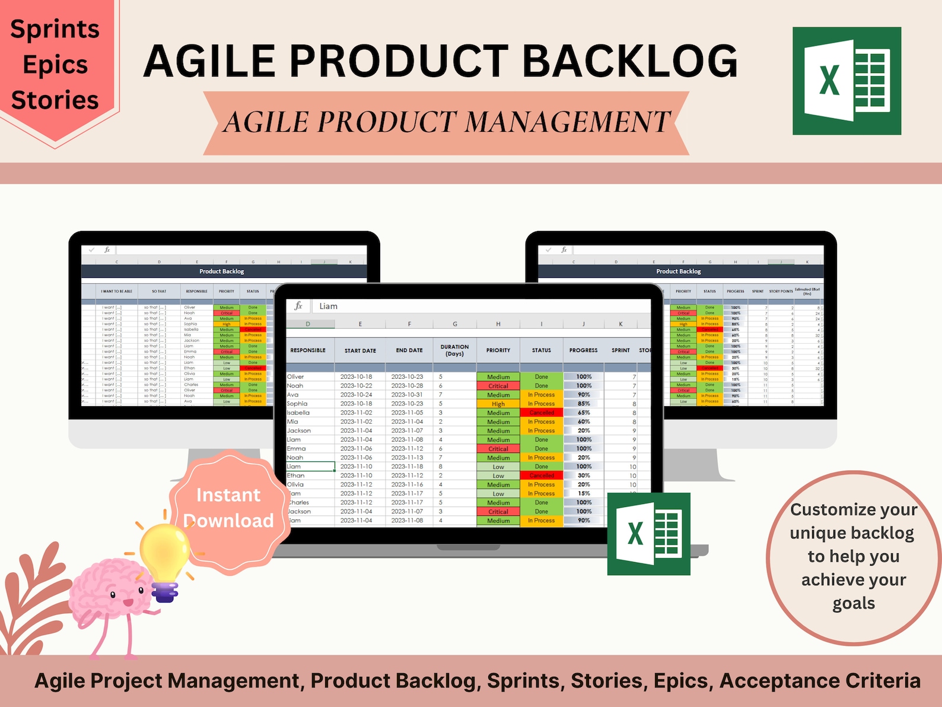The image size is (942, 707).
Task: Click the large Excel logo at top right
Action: pyautogui.click(x=846, y=81)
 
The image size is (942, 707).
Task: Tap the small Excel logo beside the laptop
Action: pyautogui.click(x=648, y=533)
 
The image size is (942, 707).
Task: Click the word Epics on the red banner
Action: pyautogui.click(x=55, y=65)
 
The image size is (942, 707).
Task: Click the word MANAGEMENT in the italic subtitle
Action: pyautogui.click(x=567, y=122)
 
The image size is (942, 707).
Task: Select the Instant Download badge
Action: pyautogui.click(x=229, y=508)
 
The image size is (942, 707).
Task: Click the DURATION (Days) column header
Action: pyautogui.click(x=454, y=350)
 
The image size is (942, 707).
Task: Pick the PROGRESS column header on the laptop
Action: pyautogui.click(x=583, y=350)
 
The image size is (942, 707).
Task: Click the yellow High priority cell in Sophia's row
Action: pyautogui.click(x=498, y=404)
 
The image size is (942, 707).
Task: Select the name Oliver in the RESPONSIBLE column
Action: pyautogui.click(x=295, y=377)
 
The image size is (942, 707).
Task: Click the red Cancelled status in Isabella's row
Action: pyautogui.click(x=542, y=413)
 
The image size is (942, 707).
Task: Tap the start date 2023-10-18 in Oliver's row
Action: pyautogui.click(x=356, y=377)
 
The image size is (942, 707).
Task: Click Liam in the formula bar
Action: pyautogui.click(x=328, y=306)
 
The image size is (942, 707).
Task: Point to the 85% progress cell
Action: pyautogui.click(x=584, y=404)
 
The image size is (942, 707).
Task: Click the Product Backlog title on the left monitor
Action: pyautogui.click(x=221, y=271)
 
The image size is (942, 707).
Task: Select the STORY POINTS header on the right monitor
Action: pyautogui.click(x=781, y=291)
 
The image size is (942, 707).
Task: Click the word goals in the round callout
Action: pyautogui.click(x=854, y=604)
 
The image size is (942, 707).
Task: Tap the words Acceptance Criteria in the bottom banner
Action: pyautogui.click(x=820, y=681)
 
